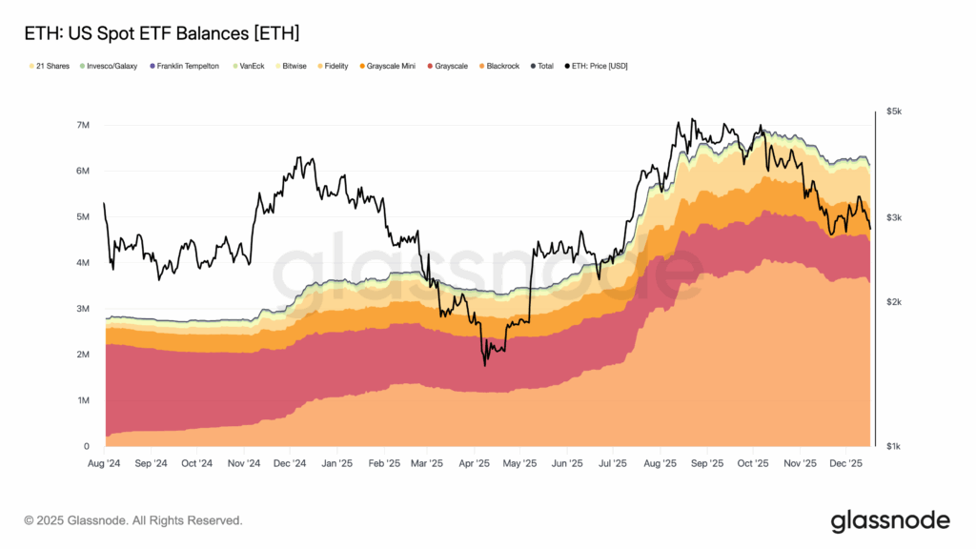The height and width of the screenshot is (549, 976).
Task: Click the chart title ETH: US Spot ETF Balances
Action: (161, 33)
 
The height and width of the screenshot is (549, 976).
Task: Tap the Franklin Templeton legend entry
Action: (185, 66)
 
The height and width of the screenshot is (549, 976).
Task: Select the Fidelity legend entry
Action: (335, 66)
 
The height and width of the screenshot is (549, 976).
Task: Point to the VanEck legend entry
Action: (251, 66)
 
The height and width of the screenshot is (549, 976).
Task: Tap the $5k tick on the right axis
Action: (893, 112)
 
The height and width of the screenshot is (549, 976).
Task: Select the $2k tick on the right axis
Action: (893, 302)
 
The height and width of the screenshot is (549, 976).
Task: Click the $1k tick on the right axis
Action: (893, 446)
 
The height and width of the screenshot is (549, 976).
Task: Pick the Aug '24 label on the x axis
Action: (104, 463)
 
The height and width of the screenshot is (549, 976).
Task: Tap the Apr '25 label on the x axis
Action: (474, 463)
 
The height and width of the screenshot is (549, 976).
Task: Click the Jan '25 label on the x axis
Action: (335, 463)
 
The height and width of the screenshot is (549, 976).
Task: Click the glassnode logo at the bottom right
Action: (890, 520)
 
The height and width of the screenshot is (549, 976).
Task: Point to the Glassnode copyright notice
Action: (133, 520)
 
